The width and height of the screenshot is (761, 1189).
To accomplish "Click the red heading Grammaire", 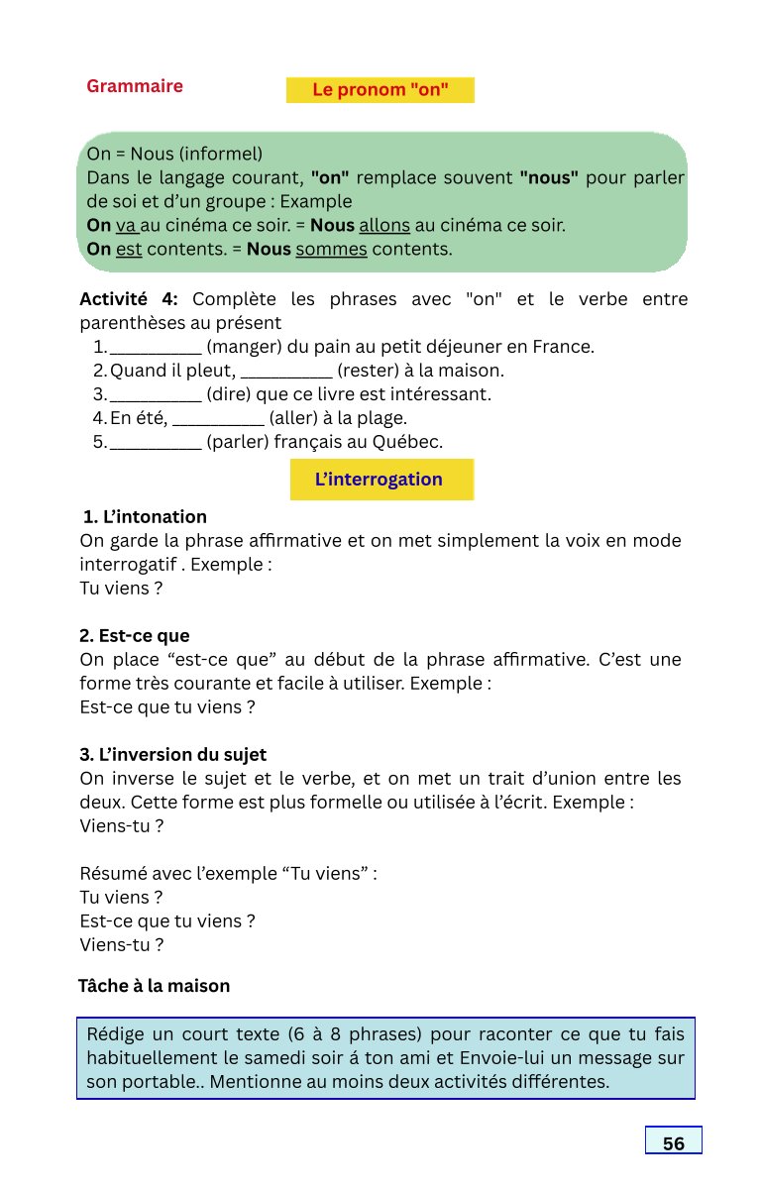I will pos(135,86).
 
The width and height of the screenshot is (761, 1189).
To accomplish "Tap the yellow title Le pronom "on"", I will pos(380,90).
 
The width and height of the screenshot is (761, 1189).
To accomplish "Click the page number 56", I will pos(674,1143).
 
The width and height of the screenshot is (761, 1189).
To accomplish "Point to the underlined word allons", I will pos(386,225).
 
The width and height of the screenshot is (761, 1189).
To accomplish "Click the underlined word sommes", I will pos(332,249).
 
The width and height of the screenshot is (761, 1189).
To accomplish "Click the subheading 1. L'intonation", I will pos(145,517).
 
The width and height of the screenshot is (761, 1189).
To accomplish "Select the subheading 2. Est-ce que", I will pos(135,636).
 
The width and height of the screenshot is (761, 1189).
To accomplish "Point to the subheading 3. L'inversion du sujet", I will pos(173,755).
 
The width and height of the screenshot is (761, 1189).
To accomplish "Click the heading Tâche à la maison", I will pos(154,986).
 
